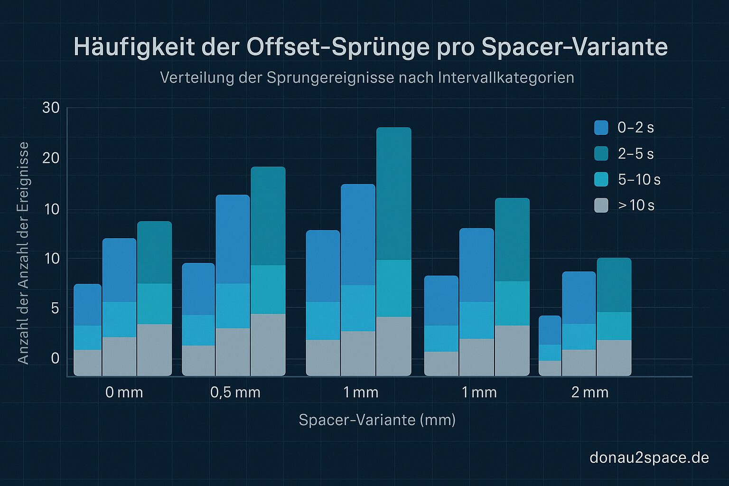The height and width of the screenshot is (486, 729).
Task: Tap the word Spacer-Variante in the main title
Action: click(x=574, y=47)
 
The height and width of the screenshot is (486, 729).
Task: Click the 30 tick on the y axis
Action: click(x=51, y=108)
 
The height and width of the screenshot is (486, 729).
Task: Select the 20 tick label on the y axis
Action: click(x=51, y=158)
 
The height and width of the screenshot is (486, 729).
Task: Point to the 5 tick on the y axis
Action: click(x=55, y=308)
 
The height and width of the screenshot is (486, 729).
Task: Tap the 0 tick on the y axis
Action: click(x=55, y=358)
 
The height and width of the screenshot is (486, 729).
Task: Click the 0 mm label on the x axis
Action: click(x=124, y=393)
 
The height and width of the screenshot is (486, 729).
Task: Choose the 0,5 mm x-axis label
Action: click(x=235, y=393)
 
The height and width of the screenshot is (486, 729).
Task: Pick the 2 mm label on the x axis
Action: click(x=589, y=393)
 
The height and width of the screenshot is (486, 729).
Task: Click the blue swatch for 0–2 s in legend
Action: click(x=601, y=128)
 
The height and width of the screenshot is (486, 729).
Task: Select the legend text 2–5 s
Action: click(x=636, y=154)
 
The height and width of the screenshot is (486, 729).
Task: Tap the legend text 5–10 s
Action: click(x=639, y=179)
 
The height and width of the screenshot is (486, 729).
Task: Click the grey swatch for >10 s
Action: click(x=601, y=205)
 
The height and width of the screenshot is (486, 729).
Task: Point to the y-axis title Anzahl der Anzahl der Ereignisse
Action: click(x=23, y=252)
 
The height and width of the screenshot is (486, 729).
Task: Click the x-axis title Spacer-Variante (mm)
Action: click(x=377, y=420)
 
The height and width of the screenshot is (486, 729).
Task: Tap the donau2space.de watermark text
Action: click(x=649, y=458)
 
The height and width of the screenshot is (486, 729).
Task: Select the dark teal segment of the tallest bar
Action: click(x=393, y=193)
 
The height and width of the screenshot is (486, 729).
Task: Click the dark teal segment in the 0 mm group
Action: click(x=154, y=252)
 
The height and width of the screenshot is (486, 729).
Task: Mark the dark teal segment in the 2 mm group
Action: click(x=614, y=285)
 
